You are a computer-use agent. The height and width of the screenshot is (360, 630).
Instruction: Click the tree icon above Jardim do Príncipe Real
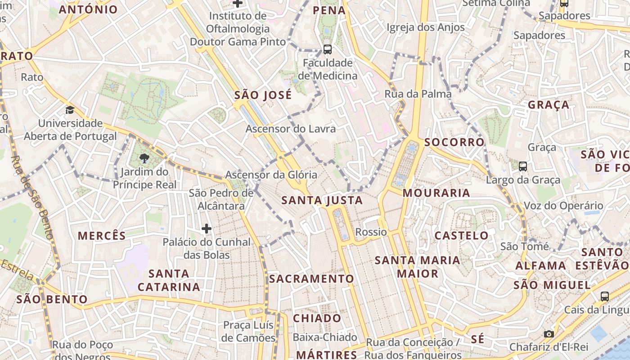coord(144,158)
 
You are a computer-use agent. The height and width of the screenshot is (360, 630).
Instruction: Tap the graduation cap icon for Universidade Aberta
coord(70,110)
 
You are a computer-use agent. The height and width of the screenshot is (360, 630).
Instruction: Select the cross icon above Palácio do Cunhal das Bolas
coord(207,229)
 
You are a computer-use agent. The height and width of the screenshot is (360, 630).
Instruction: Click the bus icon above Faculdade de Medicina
coord(328,49)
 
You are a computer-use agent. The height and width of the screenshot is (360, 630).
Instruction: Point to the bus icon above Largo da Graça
coord(523,166)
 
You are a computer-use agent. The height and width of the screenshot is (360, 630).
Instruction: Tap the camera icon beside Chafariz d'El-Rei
coord(549,334)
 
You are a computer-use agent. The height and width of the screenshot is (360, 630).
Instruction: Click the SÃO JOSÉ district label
coord(263,95)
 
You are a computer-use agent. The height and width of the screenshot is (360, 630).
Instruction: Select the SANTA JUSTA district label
coord(322,200)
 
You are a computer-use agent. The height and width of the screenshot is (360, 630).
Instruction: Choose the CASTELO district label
coord(461,235)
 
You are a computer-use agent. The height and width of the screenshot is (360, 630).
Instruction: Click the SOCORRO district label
coord(454,142)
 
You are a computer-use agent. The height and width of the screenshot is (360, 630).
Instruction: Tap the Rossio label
coord(371,232)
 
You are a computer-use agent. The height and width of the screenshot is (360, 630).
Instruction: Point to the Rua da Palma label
coord(418,94)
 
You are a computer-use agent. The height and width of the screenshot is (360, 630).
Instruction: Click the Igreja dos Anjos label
coord(426,27)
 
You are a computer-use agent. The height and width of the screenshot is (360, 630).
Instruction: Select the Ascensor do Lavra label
coord(291,129)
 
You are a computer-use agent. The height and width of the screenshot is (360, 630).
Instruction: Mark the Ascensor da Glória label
coord(271,175)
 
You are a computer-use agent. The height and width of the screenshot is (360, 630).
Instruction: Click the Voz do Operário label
coord(563,206)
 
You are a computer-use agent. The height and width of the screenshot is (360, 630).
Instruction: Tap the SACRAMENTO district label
coord(312,279)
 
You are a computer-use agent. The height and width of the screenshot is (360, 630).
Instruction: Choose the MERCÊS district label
coord(102,236)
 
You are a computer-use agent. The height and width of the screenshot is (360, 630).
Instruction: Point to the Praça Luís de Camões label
coord(249,331)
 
